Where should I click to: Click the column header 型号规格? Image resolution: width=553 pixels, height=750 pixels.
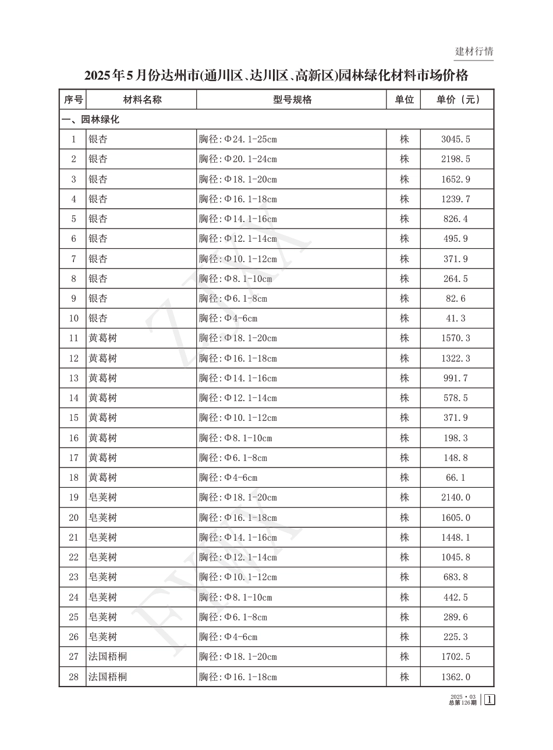pyautogui.click(x=292, y=99)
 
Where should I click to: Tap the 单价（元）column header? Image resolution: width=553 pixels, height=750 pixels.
pyautogui.click(x=458, y=99)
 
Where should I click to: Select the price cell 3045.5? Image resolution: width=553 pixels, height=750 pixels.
pyautogui.click(x=455, y=140)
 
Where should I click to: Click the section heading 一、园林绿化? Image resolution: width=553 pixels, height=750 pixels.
pyautogui.click(x=91, y=120)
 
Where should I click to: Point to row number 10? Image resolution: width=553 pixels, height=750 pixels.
pyautogui.click(x=73, y=319)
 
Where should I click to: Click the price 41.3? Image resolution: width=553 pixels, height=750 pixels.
pyautogui.click(x=455, y=319)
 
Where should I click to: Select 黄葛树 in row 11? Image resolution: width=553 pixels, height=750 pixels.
pyautogui.click(x=102, y=338)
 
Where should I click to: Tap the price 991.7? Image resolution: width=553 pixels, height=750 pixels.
pyautogui.click(x=455, y=378)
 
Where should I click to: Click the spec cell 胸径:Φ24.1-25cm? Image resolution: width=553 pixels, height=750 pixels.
pyautogui.click(x=237, y=140)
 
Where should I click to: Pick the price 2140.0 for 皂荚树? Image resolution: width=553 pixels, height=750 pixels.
pyautogui.click(x=455, y=498)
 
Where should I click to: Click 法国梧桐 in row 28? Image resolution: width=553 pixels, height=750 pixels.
pyautogui.click(x=108, y=677)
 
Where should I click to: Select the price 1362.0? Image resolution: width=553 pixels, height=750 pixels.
pyautogui.click(x=455, y=677)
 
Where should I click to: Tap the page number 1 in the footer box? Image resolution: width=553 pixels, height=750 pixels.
pyautogui.click(x=489, y=699)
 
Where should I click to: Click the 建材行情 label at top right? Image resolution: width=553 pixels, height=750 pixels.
pyautogui.click(x=474, y=51)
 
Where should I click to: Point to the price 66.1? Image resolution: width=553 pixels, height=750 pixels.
pyautogui.click(x=455, y=478)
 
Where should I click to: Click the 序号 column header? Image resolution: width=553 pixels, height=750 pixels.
pyautogui.click(x=73, y=99)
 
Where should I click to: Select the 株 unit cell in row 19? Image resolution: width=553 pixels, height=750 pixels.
pyautogui.click(x=404, y=498)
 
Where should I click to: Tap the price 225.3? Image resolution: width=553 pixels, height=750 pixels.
pyautogui.click(x=455, y=637)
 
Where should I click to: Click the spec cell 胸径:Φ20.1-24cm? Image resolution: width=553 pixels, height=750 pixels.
pyautogui.click(x=237, y=159)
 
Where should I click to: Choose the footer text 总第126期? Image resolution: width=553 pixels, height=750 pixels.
pyautogui.click(x=463, y=702)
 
